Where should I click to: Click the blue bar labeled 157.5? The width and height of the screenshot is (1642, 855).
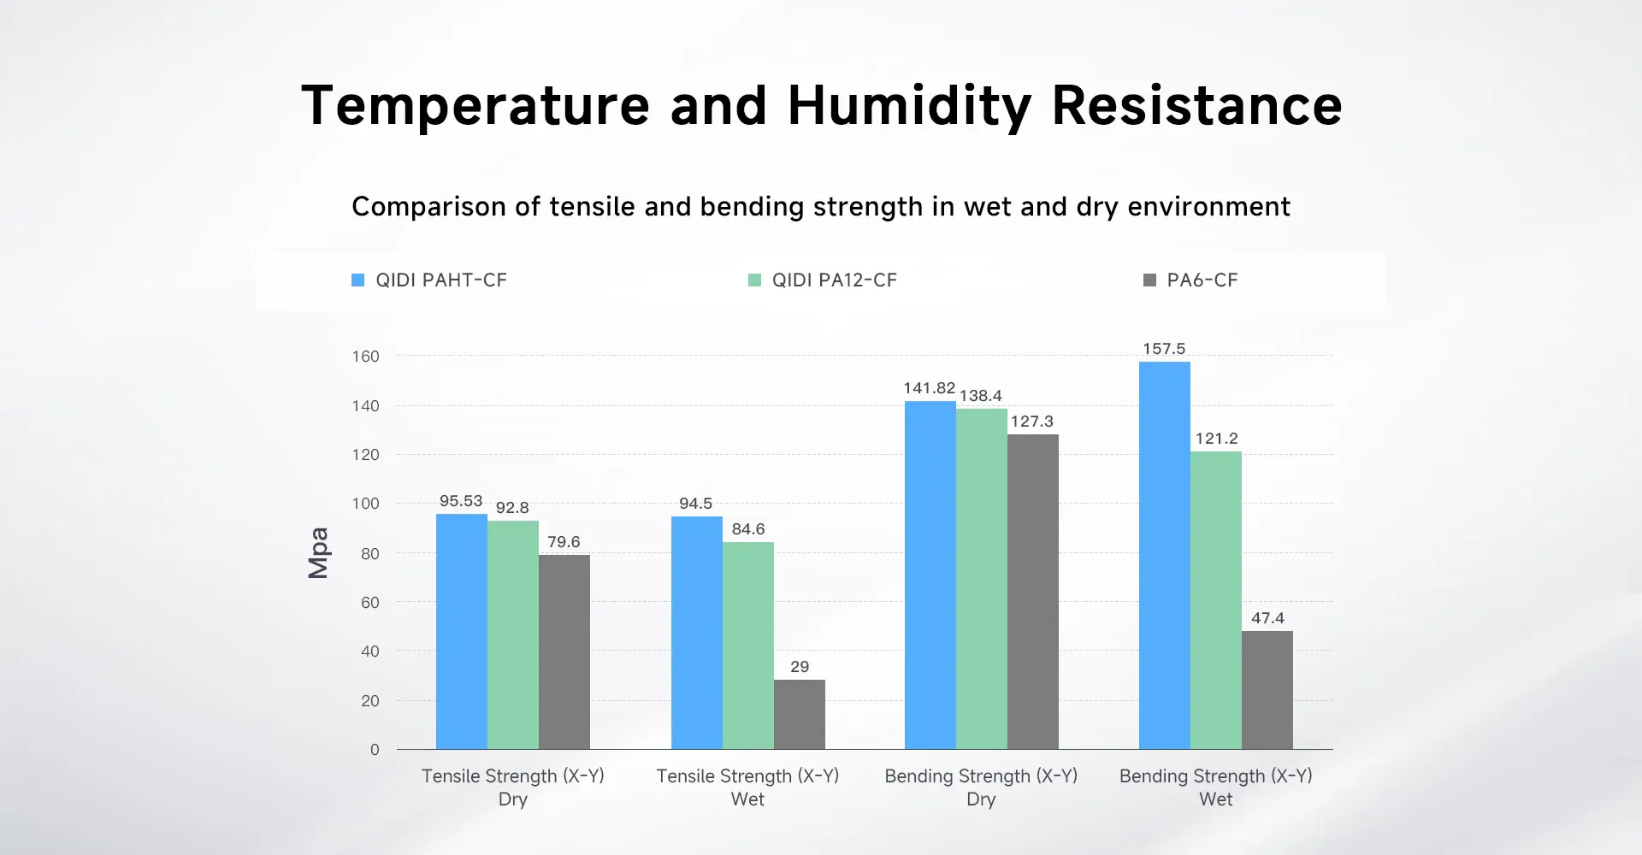pos(1164,556)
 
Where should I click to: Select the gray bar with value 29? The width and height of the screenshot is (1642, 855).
pos(800,715)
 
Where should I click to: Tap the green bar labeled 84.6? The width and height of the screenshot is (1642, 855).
pos(748,646)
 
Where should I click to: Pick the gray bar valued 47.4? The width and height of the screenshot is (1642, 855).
pos(1267,690)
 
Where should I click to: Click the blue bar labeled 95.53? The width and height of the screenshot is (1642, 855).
pos(462,632)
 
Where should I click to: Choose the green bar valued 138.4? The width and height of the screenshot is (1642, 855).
pos(982,579)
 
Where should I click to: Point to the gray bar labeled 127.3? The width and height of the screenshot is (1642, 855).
pos(1033,592)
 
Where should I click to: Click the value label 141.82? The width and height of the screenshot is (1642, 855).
pos(929,388)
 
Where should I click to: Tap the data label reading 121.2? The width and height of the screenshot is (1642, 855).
pos(1216,439)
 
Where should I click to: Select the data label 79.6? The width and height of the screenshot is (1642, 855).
pos(564,542)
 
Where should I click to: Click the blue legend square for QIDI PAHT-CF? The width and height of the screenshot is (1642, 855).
pos(358,280)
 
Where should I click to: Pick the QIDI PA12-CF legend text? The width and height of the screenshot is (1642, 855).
pos(835,280)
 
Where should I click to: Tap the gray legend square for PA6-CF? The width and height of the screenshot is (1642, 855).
pos(1149,280)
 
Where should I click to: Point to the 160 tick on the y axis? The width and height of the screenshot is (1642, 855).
pos(365,357)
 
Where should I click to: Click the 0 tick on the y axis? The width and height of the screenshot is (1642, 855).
pos(375,750)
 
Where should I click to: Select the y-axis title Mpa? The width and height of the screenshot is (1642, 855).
pos(318,553)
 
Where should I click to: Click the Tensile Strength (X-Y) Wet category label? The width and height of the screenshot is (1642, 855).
pos(747,787)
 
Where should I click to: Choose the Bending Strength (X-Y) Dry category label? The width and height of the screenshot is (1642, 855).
pos(981,787)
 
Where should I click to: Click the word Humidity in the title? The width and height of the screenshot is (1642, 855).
pos(909,106)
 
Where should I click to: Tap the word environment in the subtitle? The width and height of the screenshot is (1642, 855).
pos(1208,207)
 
